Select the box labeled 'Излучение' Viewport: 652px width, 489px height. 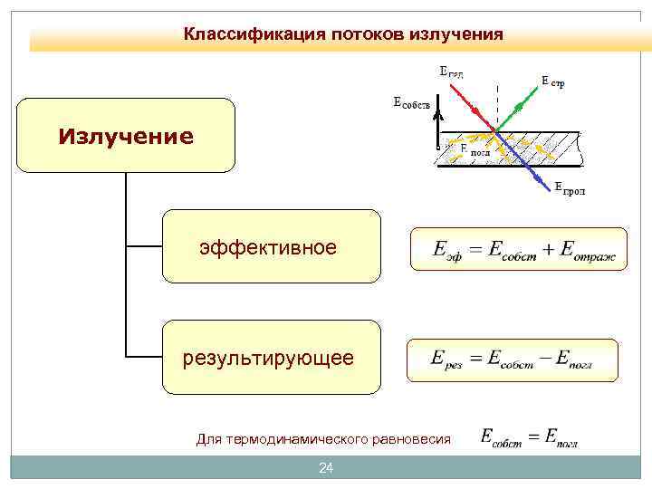pos(126,136)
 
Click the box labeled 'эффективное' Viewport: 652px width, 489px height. pos(271,246)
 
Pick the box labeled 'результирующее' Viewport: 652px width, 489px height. pos(271,357)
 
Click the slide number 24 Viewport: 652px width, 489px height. pos(326,468)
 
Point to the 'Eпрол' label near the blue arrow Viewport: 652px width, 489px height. pos(570,189)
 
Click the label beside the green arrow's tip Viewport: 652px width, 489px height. pos(553,81)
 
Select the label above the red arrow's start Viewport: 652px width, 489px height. pos(450,72)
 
